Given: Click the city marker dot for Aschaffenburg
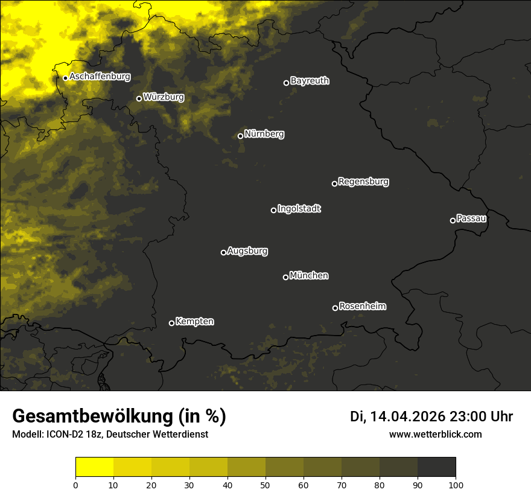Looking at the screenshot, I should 65,78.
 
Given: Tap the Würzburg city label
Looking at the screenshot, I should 164,97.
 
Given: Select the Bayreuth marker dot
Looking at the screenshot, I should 286,83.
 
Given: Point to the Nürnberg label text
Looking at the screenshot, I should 264,134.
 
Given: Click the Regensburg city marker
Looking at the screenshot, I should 334,183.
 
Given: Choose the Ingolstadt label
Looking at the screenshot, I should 299,209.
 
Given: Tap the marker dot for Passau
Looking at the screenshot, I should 453,220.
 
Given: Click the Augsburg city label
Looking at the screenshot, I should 247,251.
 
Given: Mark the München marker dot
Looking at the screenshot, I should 285,277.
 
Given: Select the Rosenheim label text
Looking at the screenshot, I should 362,307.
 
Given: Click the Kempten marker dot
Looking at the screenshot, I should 171,323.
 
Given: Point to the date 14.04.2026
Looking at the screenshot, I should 408,416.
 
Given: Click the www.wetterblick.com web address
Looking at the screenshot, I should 435,434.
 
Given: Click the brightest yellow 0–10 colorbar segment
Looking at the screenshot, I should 95,467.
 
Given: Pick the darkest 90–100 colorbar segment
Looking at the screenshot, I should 436,467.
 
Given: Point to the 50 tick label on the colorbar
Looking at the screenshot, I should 265,484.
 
